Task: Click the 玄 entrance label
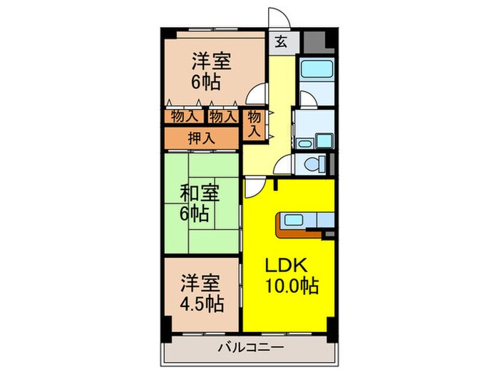[x=281, y=41]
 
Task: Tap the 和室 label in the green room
[x=197, y=192]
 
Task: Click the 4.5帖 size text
[x=200, y=304]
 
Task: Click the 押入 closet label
[x=200, y=138]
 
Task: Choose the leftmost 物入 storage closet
[x=185, y=115]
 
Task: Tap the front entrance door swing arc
[x=277, y=20]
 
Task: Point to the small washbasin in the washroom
[x=304, y=144]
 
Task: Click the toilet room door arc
[x=284, y=162]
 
